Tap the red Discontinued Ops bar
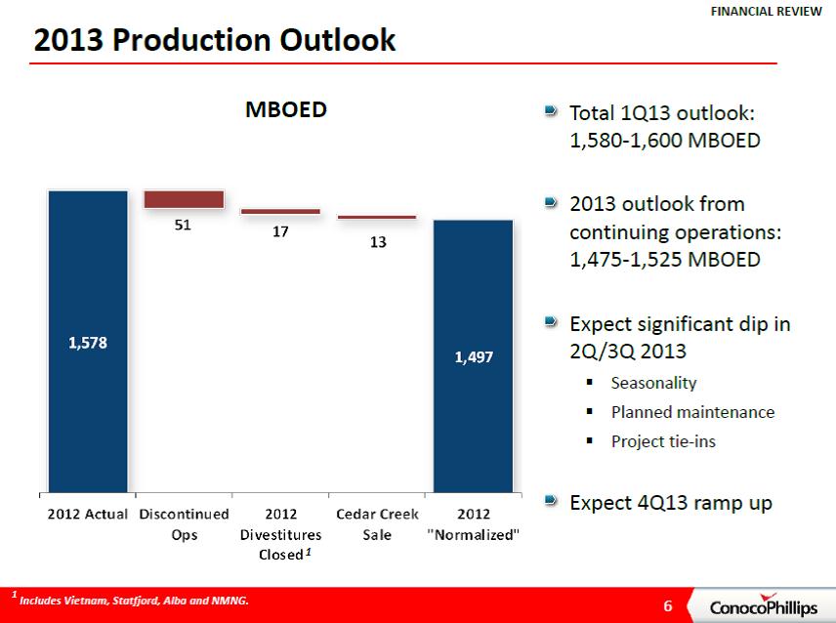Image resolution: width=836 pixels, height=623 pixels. pos(184,199)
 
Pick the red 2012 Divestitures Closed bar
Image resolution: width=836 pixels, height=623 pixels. pos(280,211)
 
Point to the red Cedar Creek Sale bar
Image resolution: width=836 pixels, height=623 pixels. pos(376,217)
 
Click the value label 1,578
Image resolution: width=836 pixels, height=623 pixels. pos(88,343)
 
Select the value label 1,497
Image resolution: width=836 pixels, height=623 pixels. pos(474,358)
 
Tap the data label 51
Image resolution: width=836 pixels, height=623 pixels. pos(183,225)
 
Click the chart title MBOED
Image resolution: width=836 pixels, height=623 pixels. pos(284,110)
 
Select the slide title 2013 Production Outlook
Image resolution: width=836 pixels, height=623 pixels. pos(215,40)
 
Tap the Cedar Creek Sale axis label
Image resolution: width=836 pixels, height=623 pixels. pos(377,524)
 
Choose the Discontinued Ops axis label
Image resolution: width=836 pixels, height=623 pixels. pos(185,524)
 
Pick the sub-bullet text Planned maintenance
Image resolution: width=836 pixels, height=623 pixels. pos(692,412)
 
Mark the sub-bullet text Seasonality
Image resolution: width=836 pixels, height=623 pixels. pos(654,383)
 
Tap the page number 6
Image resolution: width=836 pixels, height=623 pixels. pos(668,605)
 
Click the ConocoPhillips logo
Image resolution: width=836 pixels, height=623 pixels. pos(763,607)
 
